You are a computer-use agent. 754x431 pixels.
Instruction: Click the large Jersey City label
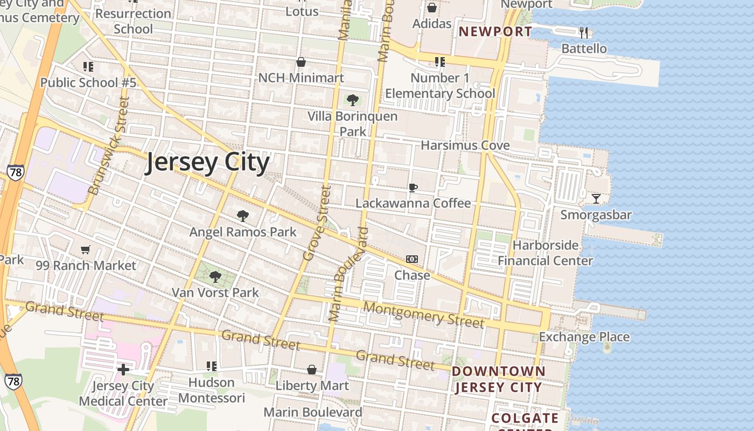pos(207,162)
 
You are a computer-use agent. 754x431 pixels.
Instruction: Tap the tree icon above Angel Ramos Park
pos(243,216)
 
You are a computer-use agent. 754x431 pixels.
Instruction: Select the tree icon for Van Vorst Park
pos(215,277)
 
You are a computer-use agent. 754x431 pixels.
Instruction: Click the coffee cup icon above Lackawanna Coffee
pos(413,187)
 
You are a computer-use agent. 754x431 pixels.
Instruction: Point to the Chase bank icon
pos(412,259)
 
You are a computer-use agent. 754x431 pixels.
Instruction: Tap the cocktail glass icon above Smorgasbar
pos(596,199)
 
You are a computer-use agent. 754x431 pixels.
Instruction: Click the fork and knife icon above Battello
pos(584,33)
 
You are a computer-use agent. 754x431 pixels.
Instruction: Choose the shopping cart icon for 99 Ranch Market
pos(86,249)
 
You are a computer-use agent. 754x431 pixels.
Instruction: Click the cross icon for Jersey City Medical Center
pos(123,370)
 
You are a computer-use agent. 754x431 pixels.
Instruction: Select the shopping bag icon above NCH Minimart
pos(301,62)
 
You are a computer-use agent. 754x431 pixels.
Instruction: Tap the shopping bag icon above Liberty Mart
pos(312,370)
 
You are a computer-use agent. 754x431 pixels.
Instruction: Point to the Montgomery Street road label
pos(423,315)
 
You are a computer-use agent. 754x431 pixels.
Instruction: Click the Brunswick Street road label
pos(109,146)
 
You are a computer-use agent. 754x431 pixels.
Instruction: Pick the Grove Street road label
pos(316,223)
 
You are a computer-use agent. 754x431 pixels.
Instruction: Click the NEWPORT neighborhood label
pos(495,31)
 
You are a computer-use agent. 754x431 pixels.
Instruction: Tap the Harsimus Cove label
pos(465,145)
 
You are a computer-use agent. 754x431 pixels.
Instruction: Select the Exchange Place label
pos(584,337)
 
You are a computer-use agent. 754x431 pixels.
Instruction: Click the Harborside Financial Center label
pos(545,253)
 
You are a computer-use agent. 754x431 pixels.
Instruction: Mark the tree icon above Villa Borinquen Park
pos(353,100)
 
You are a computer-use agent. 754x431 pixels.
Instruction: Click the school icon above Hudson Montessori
pos(212,366)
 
